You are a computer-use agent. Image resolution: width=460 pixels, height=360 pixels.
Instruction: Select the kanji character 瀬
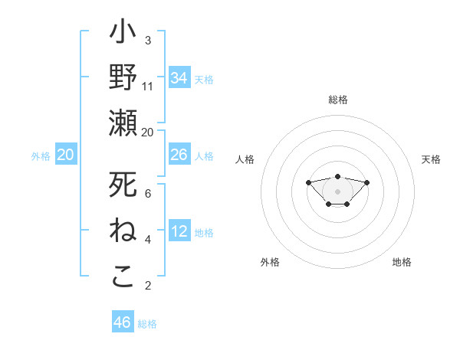(x=123, y=123)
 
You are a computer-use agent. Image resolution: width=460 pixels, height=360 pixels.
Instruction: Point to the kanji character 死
(x=123, y=185)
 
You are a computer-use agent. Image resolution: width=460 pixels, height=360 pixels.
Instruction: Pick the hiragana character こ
(x=123, y=277)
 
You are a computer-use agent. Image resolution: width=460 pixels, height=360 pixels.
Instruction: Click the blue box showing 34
(x=179, y=78)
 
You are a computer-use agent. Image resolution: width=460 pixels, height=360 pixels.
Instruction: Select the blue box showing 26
(x=179, y=155)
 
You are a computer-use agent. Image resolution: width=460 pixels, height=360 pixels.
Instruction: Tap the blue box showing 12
(x=179, y=231)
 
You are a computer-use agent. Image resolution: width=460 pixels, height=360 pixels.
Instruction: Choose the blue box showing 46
(x=123, y=322)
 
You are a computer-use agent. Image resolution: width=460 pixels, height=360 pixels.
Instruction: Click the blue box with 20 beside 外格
(x=66, y=155)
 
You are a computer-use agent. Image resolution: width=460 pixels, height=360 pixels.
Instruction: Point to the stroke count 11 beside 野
(x=148, y=87)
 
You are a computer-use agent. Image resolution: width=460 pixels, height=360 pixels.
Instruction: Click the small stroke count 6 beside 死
(x=148, y=195)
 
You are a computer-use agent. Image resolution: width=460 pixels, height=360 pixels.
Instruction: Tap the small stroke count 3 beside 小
(x=148, y=41)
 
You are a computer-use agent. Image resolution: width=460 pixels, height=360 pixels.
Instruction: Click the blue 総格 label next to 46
(x=147, y=324)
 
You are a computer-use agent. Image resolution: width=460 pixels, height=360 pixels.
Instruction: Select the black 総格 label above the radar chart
(x=337, y=100)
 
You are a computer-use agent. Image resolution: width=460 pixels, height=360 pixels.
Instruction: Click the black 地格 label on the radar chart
(x=402, y=262)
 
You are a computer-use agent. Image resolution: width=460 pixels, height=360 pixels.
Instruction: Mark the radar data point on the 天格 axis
(x=366, y=182)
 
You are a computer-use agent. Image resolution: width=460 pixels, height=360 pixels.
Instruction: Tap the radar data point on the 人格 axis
(x=308, y=182)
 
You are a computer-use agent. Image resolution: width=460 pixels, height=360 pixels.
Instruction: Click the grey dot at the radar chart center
(x=337, y=191)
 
